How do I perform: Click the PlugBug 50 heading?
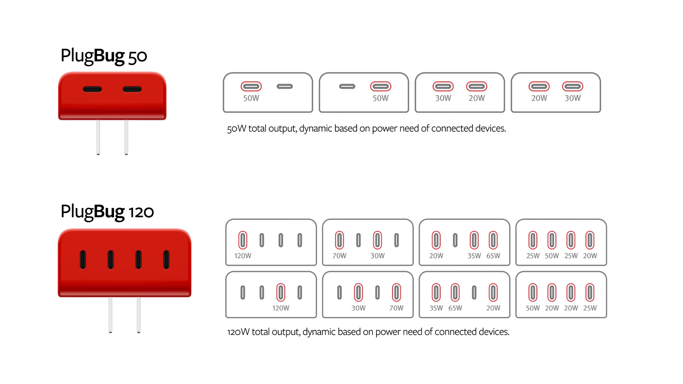click(104, 56)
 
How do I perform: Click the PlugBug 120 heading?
click(107, 212)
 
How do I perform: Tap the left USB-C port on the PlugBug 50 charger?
click(92, 89)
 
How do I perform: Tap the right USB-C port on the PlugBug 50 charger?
click(132, 89)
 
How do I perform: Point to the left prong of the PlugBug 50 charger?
click(98, 137)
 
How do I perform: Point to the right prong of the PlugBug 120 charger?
click(139, 315)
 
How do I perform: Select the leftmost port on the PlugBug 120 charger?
click(83, 260)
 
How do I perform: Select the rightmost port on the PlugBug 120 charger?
click(166, 260)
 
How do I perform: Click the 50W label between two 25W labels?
click(552, 256)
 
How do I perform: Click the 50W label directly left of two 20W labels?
click(533, 308)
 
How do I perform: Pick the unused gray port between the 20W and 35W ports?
click(455, 240)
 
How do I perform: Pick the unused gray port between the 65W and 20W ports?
click(474, 292)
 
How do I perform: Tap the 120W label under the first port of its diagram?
click(243, 256)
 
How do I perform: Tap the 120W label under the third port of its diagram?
click(281, 308)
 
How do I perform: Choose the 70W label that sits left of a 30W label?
click(339, 256)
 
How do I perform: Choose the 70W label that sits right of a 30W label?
click(396, 308)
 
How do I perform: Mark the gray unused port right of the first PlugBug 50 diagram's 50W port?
click(285, 86)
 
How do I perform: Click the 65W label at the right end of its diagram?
click(493, 256)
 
